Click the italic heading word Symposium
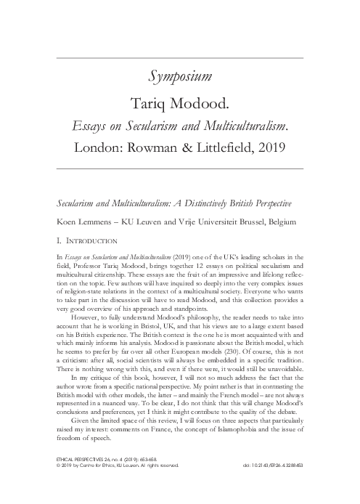pos(180,75)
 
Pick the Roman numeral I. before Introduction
pos(59,236)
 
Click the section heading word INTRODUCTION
pos(93,236)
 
